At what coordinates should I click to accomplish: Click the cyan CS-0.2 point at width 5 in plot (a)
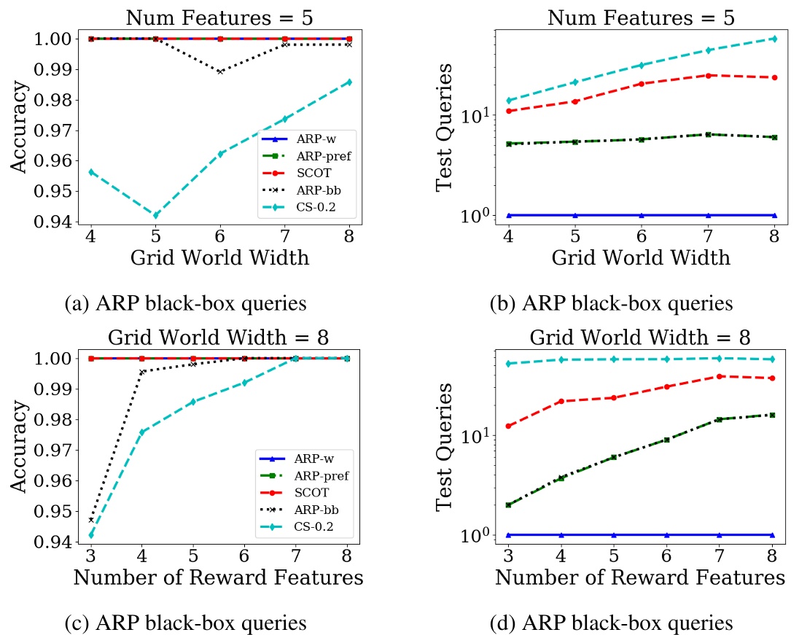point(155,215)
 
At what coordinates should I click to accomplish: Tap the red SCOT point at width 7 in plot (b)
point(706,75)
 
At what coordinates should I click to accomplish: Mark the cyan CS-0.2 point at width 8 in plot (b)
point(774,39)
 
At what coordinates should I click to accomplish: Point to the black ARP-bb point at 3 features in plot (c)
point(91,520)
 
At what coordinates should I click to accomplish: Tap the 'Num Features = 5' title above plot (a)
point(219,17)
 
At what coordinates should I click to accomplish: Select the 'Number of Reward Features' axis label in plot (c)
point(219,578)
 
